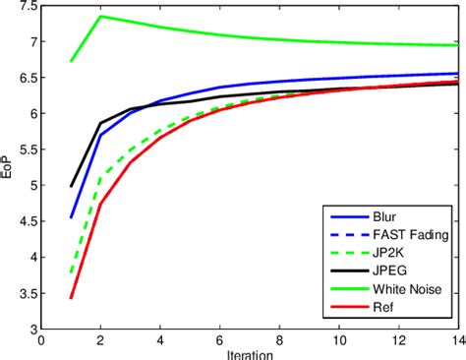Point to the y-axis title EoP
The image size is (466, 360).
[10, 168]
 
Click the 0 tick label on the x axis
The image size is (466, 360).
[41, 340]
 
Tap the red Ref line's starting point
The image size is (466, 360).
[71, 298]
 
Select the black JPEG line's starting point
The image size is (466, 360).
[71, 186]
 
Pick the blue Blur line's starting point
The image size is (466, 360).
[71, 217]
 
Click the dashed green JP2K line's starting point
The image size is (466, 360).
[71, 272]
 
